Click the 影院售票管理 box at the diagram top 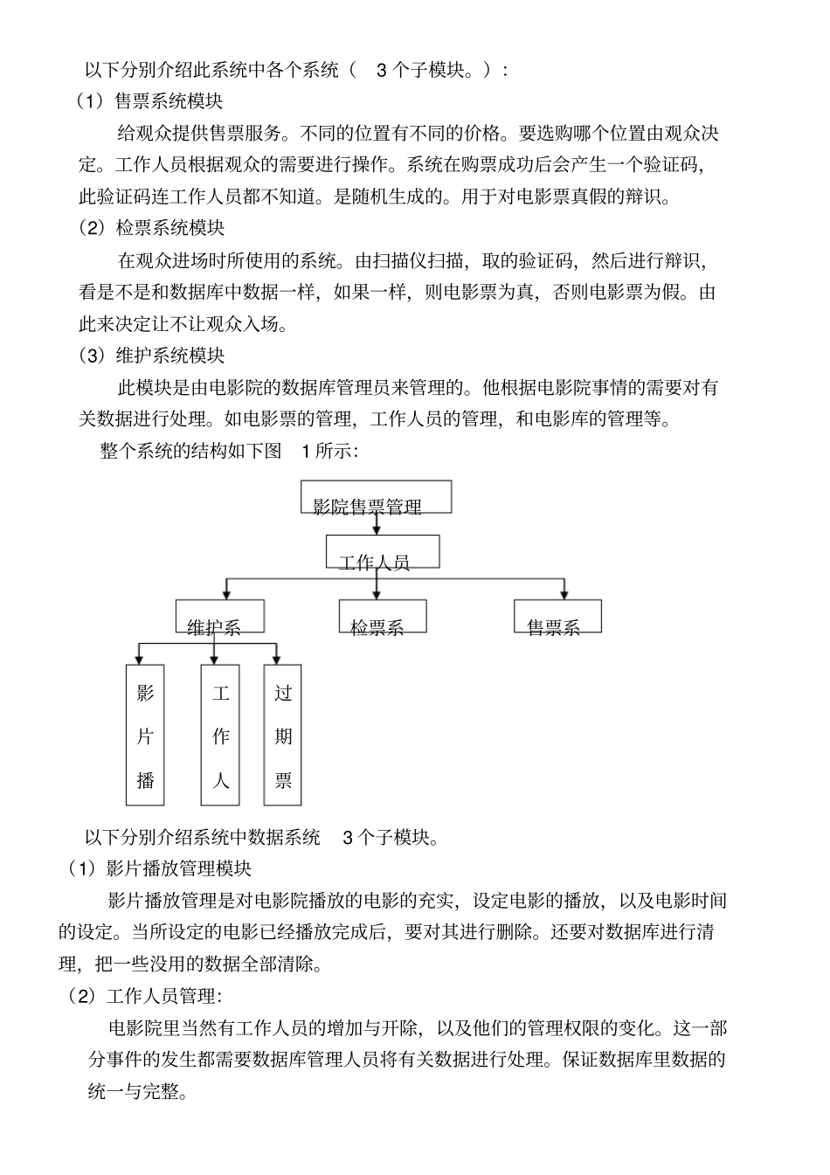coord(376,497)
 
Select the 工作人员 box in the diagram coord(382,552)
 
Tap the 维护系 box coord(219,616)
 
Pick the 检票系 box coord(383,616)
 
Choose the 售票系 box coord(557,616)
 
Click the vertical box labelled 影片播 coord(145,735)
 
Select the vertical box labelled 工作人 coord(220,735)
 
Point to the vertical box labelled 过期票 coord(283,735)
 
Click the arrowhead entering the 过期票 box coord(277,659)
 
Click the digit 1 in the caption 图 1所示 coord(306,451)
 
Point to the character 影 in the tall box coord(145,693)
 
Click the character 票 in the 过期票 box coord(283,780)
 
